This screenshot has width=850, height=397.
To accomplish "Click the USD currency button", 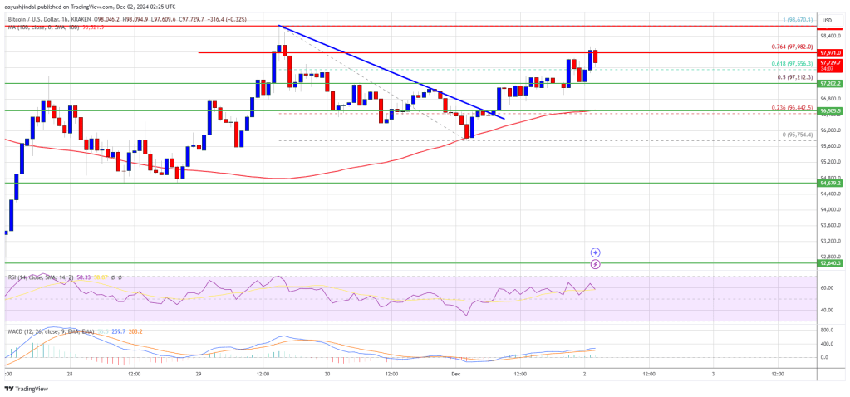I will (x=827, y=20).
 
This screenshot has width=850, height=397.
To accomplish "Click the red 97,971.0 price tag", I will (x=830, y=53).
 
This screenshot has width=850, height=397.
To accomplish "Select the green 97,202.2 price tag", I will (x=830, y=84).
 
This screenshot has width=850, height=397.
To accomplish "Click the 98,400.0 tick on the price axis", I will (x=829, y=36).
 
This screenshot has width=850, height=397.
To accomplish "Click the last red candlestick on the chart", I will (x=596, y=58).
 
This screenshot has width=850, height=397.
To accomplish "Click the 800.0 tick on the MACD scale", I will (x=828, y=331).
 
